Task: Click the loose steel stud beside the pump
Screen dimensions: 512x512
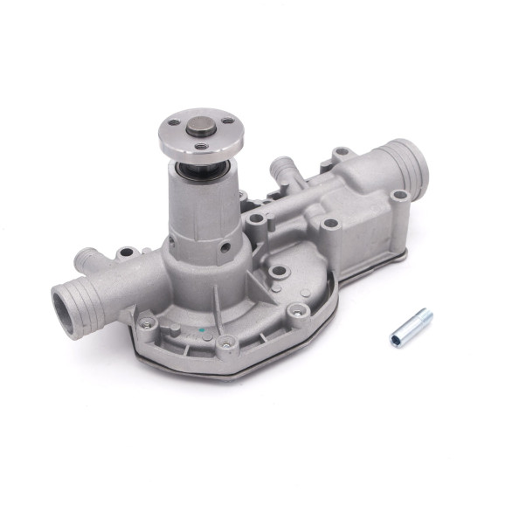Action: [412, 326]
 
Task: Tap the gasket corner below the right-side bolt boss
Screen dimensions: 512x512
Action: [401, 253]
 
